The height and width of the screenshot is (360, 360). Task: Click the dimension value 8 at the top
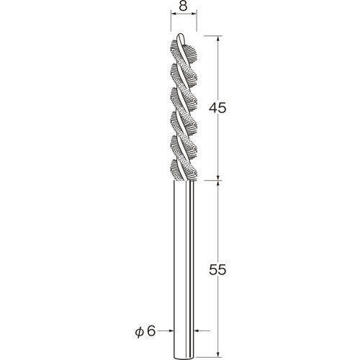(x=183, y=6)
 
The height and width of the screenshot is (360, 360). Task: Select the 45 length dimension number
(x=217, y=108)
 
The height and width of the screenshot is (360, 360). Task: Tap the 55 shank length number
(x=217, y=270)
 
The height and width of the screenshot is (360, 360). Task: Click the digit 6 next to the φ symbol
(x=151, y=330)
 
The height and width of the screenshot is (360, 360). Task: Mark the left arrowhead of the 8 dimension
(x=174, y=14)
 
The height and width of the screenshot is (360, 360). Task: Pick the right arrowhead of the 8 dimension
(x=194, y=14)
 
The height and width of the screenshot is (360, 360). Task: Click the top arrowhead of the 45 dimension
(x=218, y=39)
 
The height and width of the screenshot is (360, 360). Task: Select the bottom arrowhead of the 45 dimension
(x=218, y=177)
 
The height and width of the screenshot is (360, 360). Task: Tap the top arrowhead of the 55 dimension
(x=218, y=184)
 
